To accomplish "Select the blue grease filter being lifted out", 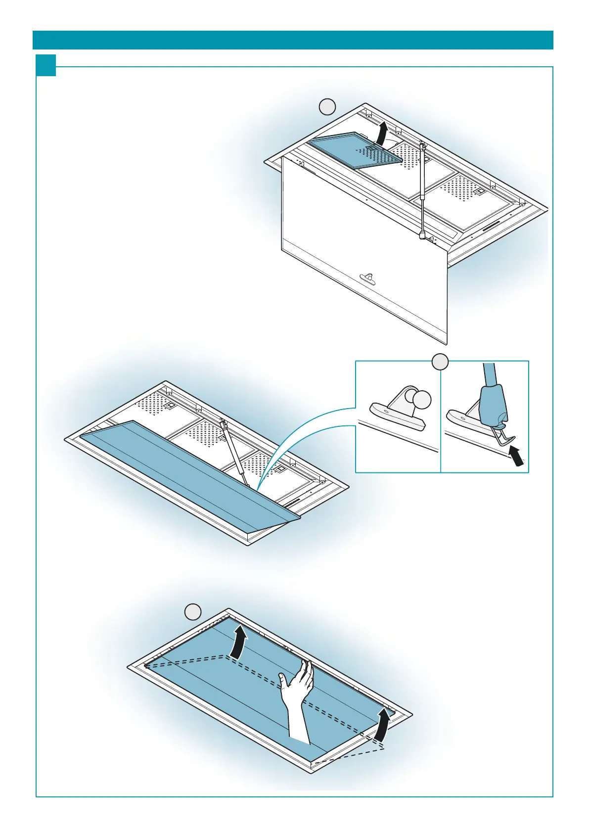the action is pos(355,150).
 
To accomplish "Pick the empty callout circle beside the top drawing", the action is pos(327,106).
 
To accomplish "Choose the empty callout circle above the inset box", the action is pos(440,362).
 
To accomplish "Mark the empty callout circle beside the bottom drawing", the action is pos(193,612).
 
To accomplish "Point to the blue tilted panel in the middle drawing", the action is pos(188,475).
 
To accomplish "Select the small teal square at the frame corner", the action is pos(45,65).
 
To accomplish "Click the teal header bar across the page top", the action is pos(293,40).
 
